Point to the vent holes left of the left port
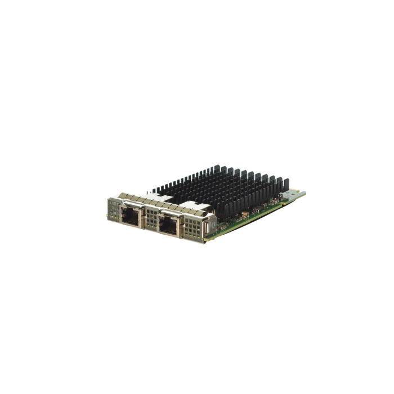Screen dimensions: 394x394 (x=114, y=212)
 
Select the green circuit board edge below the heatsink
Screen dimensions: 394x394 (x=248, y=216)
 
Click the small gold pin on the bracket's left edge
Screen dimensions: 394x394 (x=108, y=216)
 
